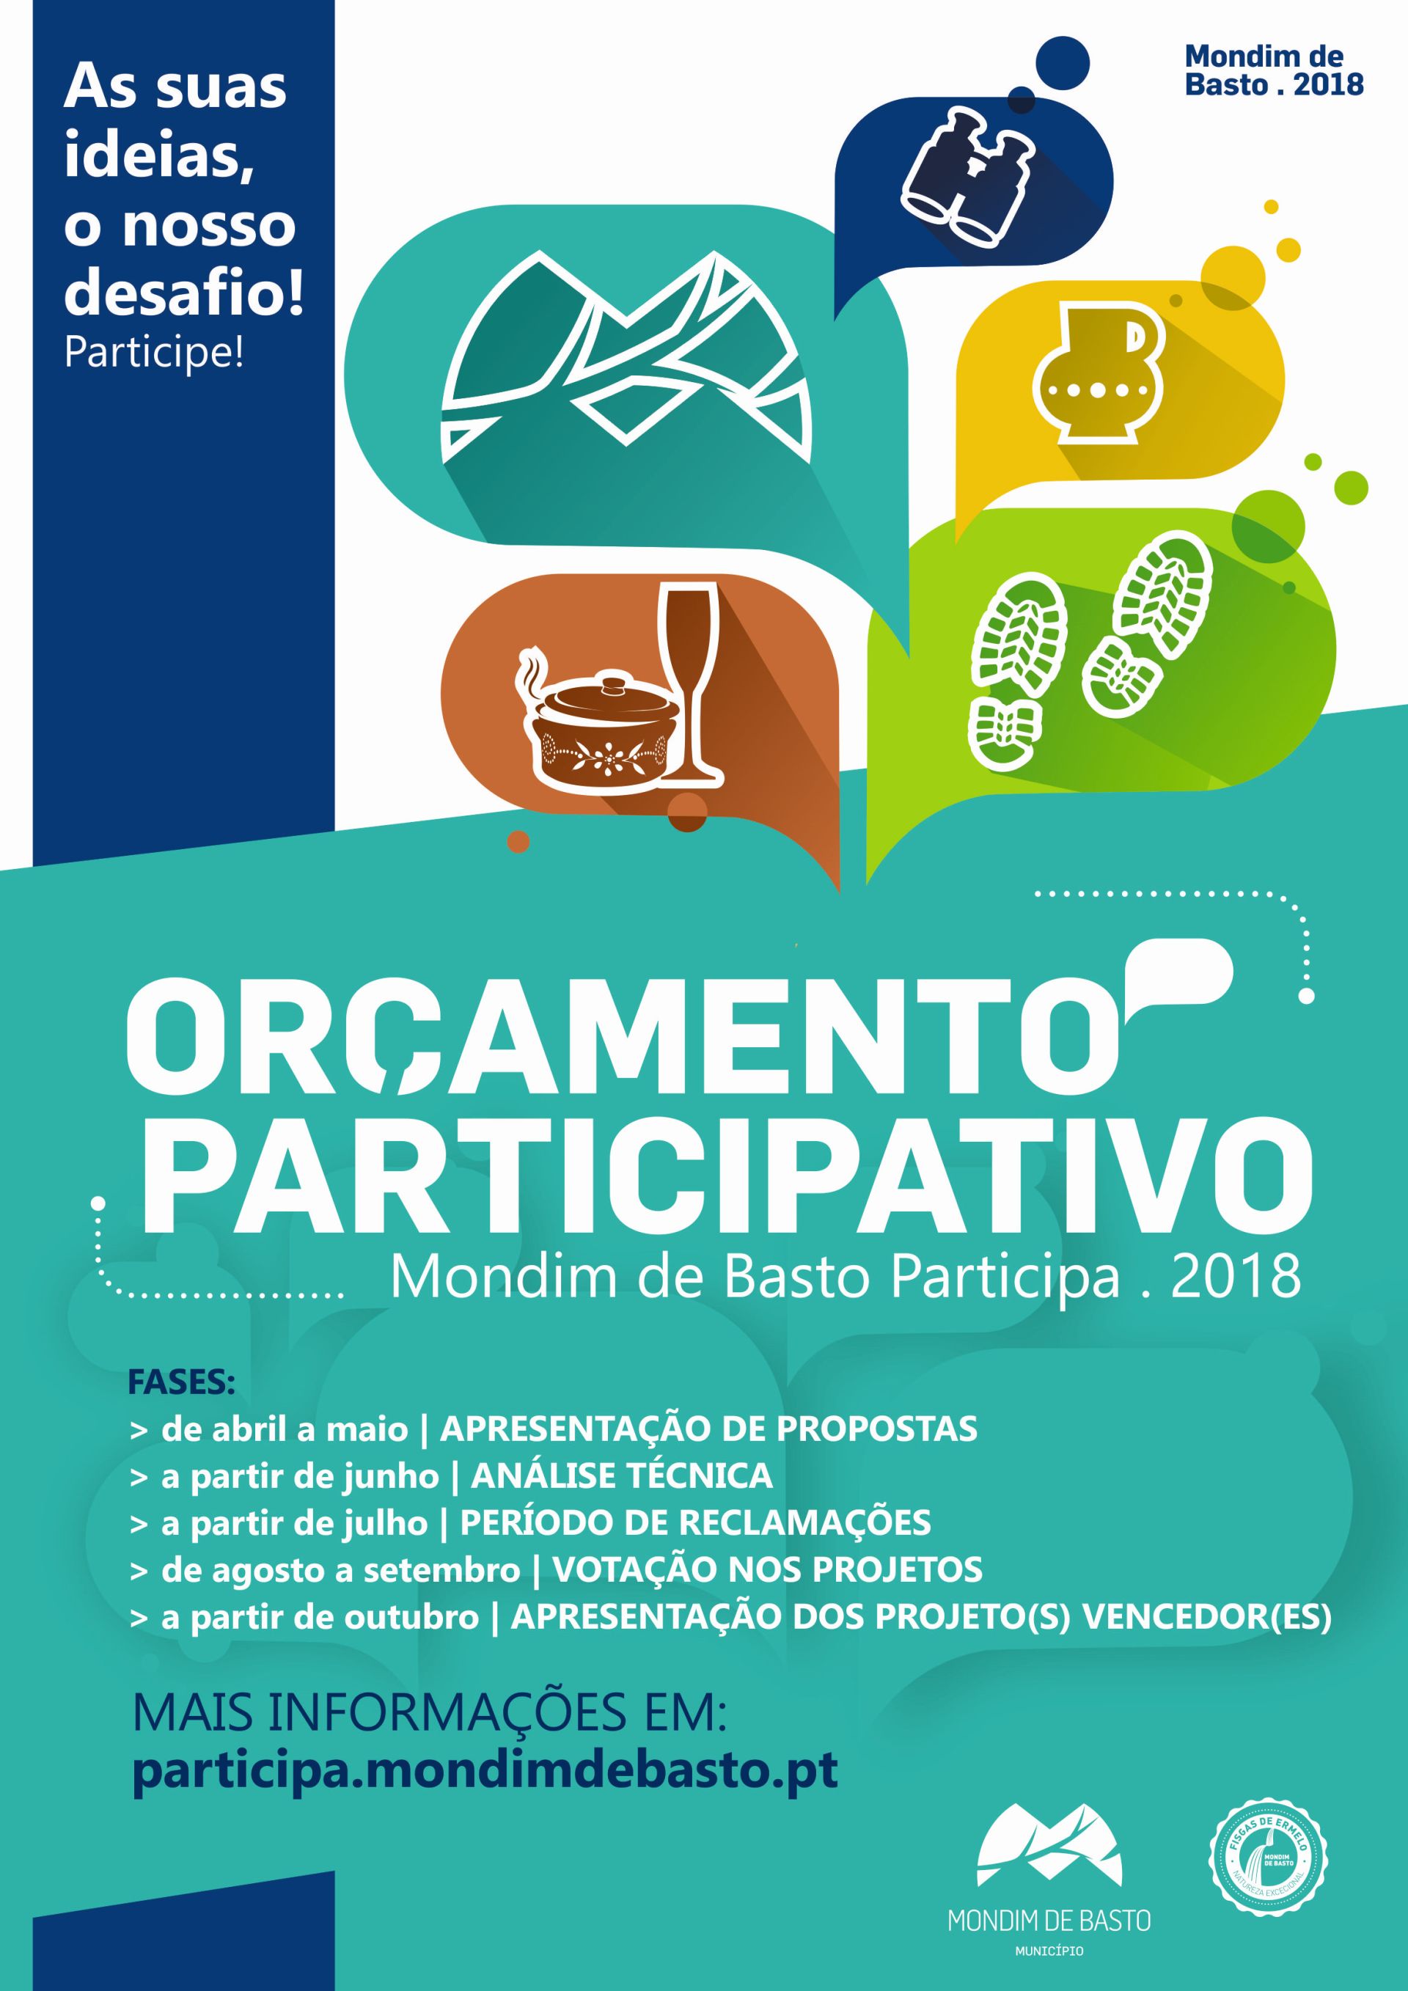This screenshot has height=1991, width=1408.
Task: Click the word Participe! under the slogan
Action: pos(154,353)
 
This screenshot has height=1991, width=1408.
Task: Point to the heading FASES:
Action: pos(182,1382)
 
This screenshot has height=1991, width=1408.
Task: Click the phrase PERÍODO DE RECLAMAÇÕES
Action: pos(695,1522)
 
